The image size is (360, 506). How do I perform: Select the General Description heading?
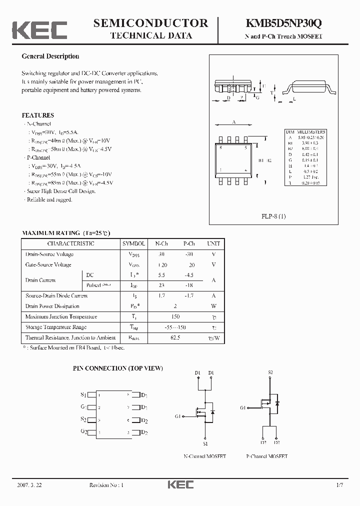50,56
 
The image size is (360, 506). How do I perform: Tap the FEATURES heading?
38,115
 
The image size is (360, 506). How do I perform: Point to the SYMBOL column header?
133,243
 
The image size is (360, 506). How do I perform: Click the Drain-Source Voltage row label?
49,254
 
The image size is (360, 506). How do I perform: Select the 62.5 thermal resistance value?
175,338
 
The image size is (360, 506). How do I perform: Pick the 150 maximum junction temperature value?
175,316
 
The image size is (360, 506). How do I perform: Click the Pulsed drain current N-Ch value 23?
161,285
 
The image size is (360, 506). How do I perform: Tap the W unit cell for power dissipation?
213,306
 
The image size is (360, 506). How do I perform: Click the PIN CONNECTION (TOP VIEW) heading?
118,368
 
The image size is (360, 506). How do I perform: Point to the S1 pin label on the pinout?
83,394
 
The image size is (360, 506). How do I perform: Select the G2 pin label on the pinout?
83,431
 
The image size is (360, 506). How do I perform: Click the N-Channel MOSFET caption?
205,456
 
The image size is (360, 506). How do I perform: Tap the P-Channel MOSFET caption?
267,456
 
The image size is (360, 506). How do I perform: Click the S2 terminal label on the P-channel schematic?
270,372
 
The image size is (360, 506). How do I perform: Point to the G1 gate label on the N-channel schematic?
178,416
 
